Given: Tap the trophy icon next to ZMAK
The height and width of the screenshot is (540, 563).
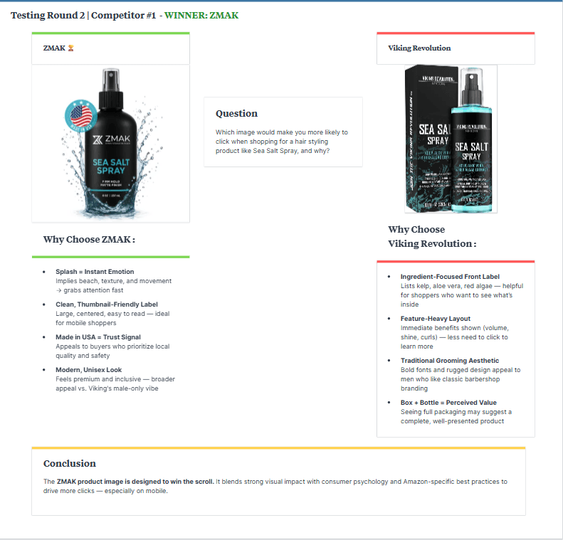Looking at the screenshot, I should (x=70, y=48).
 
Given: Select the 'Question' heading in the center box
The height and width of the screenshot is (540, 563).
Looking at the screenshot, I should (x=236, y=113).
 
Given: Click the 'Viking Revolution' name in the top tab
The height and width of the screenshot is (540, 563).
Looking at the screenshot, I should (x=419, y=48).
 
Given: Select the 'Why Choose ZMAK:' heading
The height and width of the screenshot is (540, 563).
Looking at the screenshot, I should (x=89, y=239).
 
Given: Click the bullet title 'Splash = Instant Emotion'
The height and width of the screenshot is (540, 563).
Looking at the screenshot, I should (x=95, y=272).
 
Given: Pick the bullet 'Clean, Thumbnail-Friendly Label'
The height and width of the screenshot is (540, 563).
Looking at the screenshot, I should (x=107, y=305).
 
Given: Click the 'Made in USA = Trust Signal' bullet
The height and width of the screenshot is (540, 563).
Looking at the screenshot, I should (x=98, y=337).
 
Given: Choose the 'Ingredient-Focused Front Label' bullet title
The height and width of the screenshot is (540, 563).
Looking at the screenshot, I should (x=450, y=276).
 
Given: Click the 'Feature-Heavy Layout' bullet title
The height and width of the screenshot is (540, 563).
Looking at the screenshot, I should (x=435, y=319).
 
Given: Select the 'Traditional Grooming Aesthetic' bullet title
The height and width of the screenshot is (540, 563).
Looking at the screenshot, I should (x=450, y=361).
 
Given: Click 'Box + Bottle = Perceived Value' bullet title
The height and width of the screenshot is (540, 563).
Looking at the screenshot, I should (x=448, y=403).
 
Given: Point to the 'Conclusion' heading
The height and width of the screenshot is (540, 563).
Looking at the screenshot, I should (x=70, y=463).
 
